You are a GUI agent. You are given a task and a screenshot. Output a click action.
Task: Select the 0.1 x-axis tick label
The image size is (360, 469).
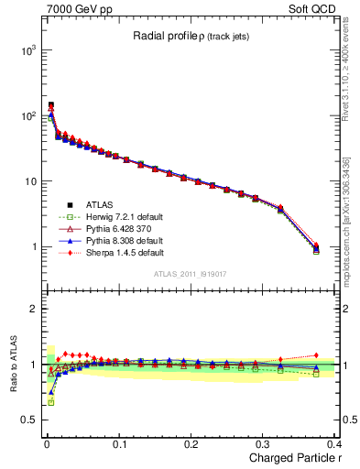click(x=119, y=443)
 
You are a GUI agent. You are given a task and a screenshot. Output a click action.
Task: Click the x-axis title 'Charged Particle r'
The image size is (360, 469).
click(x=292, y=458)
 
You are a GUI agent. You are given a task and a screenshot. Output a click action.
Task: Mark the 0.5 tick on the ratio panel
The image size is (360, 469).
click(x=27, y=420)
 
